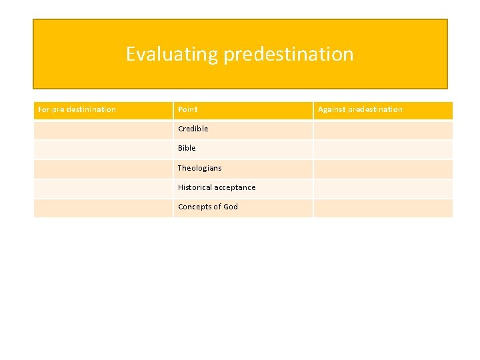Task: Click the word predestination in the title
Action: pyautogui.click(x=288, y=54)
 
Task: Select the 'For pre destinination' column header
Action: pyautogui.click(x=77, y=109)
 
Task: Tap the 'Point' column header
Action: pyautogui.click(x=187, y=109)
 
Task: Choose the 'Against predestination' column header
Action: pyautogui.click(x=360, y=109)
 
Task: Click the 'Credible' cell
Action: pyautogui.click(x=193, y=129)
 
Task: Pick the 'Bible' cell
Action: pyautogui.click(x=187, y=148)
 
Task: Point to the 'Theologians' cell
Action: pyautogui.click(x=199, y=168)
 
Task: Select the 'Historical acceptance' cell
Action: pyautogui.click(x=216, y=187)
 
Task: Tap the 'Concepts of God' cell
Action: pyautogui.click(x=207, y=207)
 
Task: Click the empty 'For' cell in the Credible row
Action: pyautogui.click(x=103, y=129)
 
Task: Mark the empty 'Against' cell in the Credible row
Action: pyautogui.click(x=383, y=129)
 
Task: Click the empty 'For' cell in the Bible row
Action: pyautogui.click(x=103, y=149)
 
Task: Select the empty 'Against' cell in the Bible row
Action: pyautogui.click(x=383, y=149)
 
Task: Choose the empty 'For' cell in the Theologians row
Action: pyautogui.click(x=103, y=169)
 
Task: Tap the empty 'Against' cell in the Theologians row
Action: pyautogui.click(x=383, y=169)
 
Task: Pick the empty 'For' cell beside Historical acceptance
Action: pyautogui.click(x=103, y=188)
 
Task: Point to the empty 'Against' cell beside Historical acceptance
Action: pyautogui.click(x=383, y=188)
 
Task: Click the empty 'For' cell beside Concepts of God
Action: pyautogui.click(x=103, y=208)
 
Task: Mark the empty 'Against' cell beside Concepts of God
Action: pyautogui.click(x=383, y=208)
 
